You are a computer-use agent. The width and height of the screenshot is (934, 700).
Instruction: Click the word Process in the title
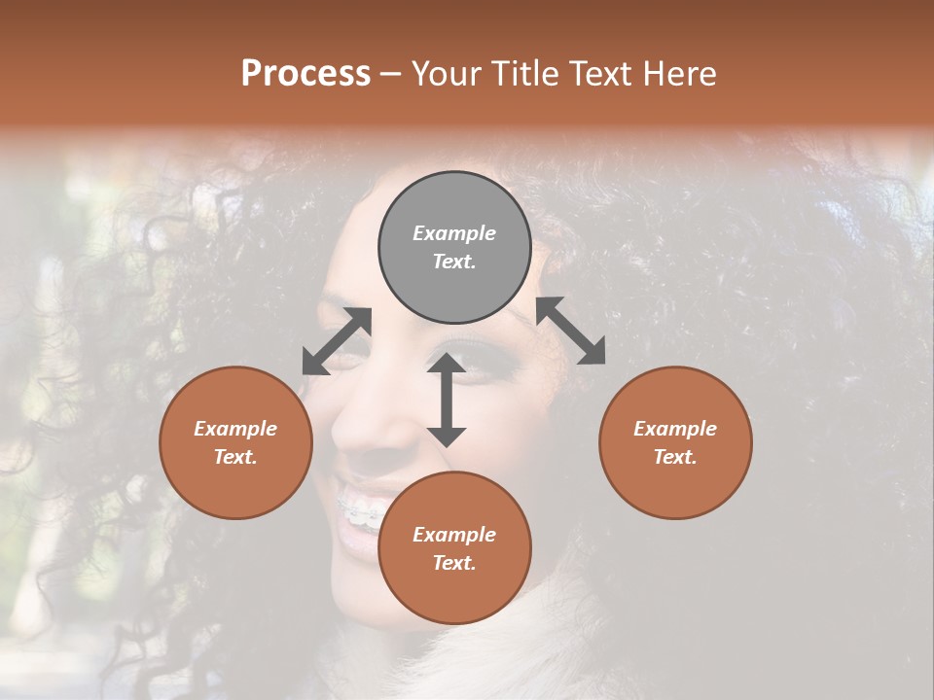tap(305, 74)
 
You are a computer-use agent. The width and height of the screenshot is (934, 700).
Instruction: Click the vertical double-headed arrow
tap(447, 400)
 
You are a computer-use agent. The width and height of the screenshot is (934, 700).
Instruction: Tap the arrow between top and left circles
tap(337, 341)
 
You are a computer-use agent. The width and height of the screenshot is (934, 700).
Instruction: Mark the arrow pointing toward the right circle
tap(571, 331)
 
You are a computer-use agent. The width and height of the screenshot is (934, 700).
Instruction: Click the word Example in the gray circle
tap(454, 233)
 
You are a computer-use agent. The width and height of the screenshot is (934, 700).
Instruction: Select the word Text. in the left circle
tap(235, 457)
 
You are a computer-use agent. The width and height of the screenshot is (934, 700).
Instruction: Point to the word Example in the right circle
tap(675, 429)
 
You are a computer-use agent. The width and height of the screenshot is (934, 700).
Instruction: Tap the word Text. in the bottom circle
tap(454, 563)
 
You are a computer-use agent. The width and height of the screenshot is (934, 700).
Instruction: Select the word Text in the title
tap(604, 74)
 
